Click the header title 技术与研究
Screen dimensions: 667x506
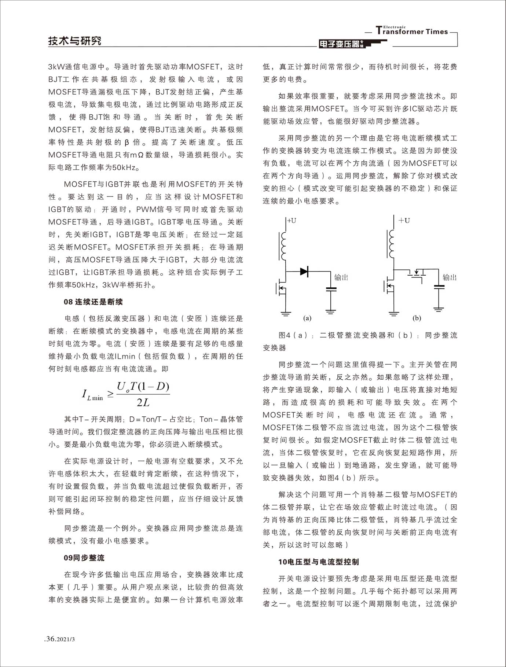75,41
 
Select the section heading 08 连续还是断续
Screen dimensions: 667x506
93,302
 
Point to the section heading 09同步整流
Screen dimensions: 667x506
84,558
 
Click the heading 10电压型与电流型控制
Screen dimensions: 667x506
318,562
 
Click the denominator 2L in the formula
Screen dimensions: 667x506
143,402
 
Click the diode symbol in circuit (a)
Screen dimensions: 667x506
304,271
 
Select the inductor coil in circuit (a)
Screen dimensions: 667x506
283,245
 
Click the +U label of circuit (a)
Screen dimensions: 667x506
292,221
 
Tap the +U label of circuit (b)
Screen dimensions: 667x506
404,221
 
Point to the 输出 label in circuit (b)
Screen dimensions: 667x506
450,277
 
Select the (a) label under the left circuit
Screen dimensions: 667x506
307,318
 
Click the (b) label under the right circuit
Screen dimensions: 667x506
417,318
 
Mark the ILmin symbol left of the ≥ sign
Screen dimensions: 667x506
92,395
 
